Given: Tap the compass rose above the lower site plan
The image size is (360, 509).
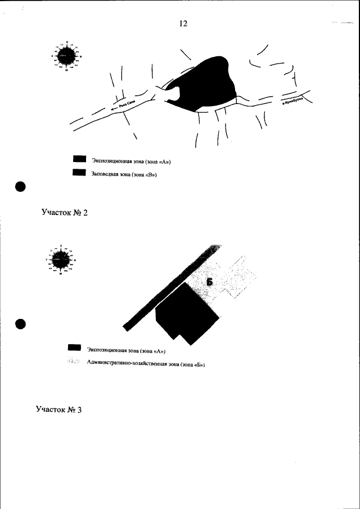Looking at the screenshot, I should pyautogui.click(x=61, y=260).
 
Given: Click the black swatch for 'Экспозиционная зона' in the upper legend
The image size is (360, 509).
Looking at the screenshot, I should pyautogui.click(x=79, y=161).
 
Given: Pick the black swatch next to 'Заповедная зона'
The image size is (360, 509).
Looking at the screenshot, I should pyautogui.click(x=79, y=174).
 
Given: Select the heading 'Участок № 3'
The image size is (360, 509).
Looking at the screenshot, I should pyautogui.click(x=58, y=409).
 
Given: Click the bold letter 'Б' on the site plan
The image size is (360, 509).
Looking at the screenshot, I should pyautogui.click(x=209, y=281).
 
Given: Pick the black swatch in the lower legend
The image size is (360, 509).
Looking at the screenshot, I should pyautogui.click(x=74, y=349).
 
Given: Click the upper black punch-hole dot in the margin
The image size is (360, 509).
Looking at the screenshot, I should pyautogui.click(x=21, y=187).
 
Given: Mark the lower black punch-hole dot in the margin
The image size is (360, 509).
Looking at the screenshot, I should pyautogui.click(x=21, y=324).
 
